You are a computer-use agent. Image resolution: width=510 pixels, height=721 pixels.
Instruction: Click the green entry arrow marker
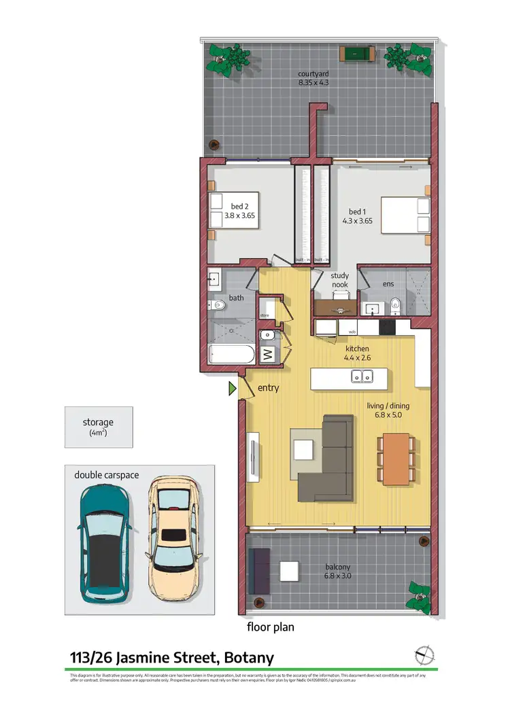pos(233,389)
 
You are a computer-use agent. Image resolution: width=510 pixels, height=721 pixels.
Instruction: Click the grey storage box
pos(99,427)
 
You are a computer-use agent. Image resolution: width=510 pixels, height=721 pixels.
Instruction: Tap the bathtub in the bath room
pos(232,355)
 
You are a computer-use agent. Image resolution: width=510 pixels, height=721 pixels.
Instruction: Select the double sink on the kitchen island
pos(362,376)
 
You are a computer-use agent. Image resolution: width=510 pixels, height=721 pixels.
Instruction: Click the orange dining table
pos(396,459)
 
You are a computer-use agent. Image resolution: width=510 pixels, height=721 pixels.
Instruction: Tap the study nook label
pos(339,280)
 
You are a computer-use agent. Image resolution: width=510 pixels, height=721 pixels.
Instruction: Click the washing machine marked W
pos(267,353)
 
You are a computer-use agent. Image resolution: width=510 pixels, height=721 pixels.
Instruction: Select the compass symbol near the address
pos(424,656)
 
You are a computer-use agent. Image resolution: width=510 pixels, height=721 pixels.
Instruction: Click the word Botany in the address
pos(246,657)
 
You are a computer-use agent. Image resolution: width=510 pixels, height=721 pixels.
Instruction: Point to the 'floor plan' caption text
pos(271,627)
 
